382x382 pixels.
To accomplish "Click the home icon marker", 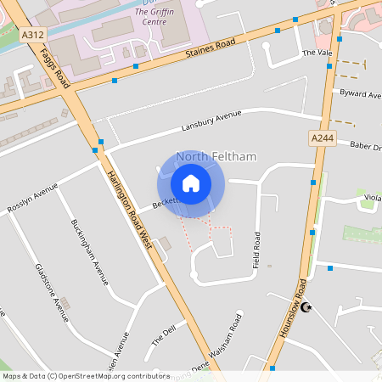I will tap(191, 183).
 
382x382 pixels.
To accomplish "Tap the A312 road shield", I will tap(33, 35).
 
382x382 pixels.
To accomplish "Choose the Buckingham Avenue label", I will tap(90, 246).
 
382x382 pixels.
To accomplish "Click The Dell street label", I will tap(163, 334).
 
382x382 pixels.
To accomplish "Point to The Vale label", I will tap(314, 53).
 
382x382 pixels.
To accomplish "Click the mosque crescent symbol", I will tap(306, 306).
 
